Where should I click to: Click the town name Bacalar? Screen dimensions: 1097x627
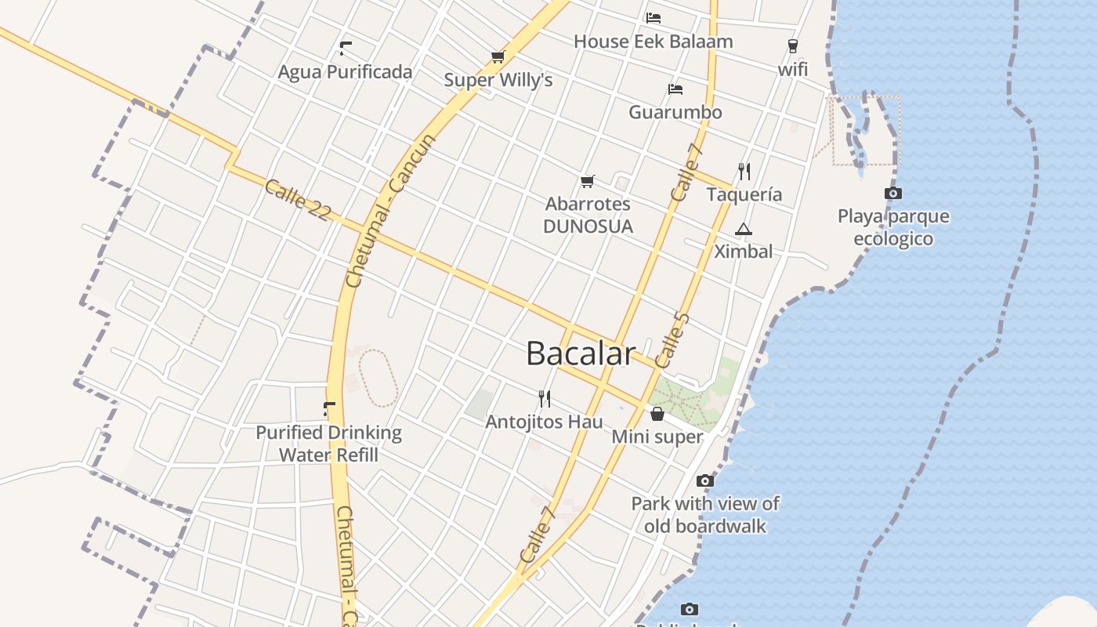coord(579,353)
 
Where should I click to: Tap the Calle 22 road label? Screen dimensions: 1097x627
coord(298,201)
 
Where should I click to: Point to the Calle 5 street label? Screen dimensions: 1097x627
coord(672,340)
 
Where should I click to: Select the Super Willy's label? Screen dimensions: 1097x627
coord(498,80)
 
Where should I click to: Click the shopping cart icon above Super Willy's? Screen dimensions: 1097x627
coord(498,56)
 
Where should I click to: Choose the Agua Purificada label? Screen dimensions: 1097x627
coord(345,72)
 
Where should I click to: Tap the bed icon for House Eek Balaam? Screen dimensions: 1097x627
coord(653,17)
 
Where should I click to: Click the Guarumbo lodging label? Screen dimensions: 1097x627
coord(675,112)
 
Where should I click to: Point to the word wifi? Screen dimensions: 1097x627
coord(793,69)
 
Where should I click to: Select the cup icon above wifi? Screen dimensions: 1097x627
coord(793,45)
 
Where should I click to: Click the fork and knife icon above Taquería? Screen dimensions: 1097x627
coord(744,171)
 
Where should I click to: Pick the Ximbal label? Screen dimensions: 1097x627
coord(743,252)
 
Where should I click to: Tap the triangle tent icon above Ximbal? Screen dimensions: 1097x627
coord(743,229)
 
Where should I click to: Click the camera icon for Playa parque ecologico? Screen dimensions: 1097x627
coord(892,193)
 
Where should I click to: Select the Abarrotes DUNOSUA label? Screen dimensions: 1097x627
coord(588,215)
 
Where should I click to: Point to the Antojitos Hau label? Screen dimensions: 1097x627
coord(545,422)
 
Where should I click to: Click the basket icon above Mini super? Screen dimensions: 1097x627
coord(657,414)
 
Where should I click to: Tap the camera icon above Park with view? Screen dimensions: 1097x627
coord(705,480)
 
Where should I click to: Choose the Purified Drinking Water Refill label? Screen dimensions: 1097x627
coord(329,444)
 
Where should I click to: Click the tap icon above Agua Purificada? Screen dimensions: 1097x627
coord(345,49)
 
